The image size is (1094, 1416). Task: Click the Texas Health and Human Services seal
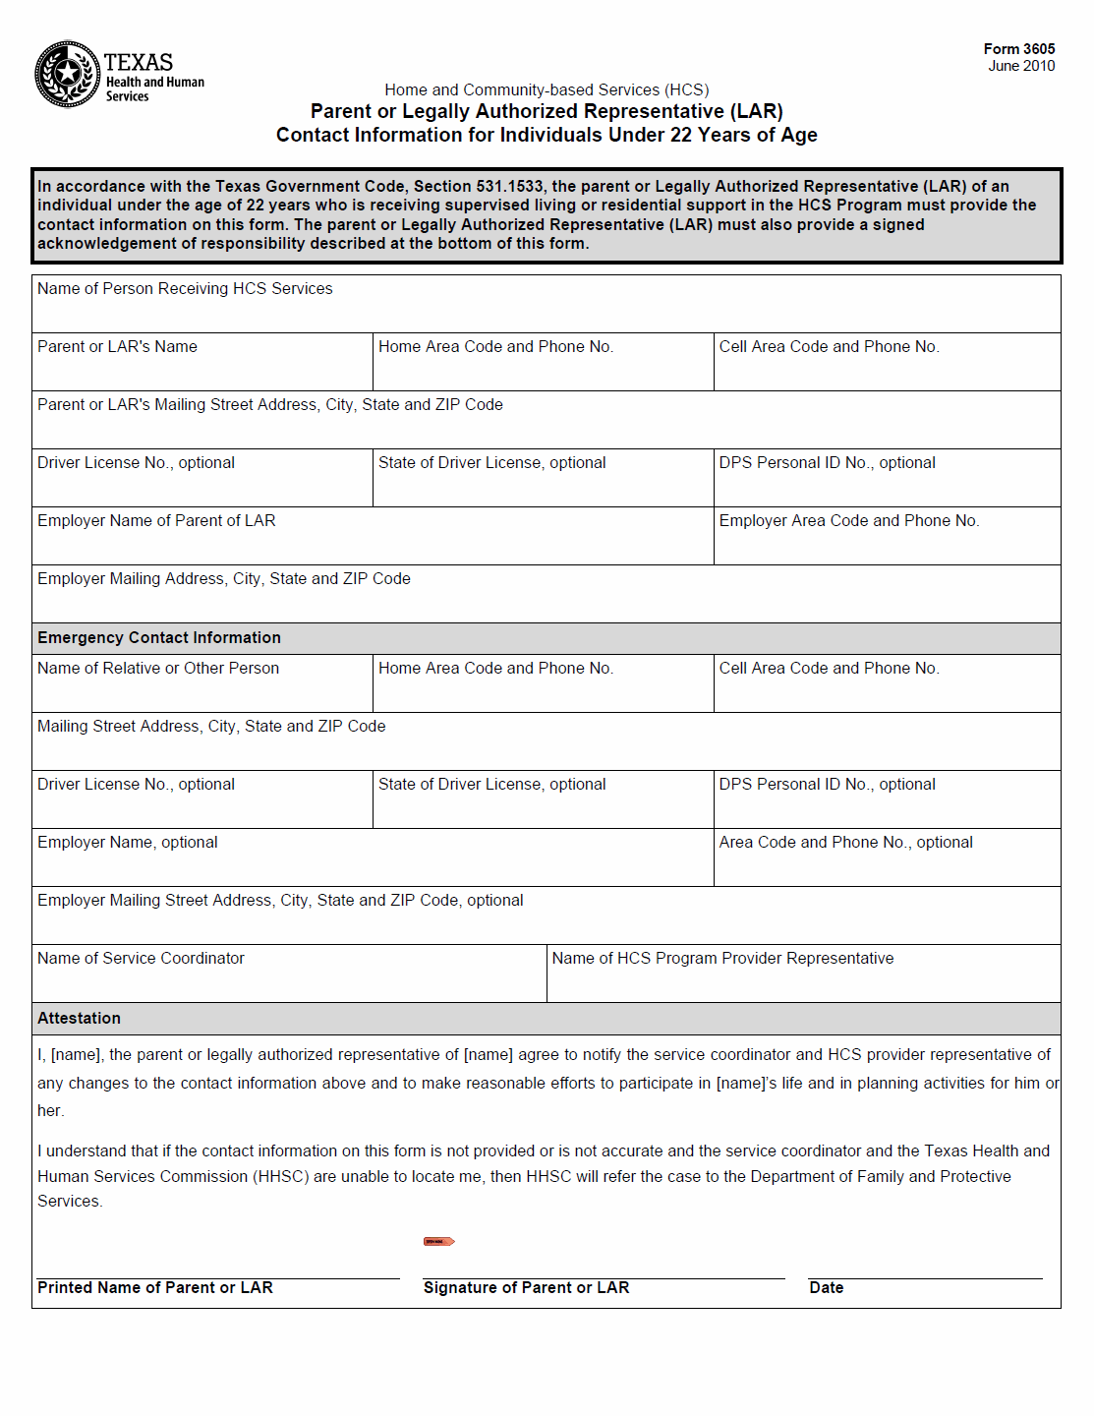point(67,74)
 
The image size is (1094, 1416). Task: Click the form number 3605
point(1019,49)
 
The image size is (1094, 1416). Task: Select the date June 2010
point(1021,66)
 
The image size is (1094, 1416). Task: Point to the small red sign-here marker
point(438,1241)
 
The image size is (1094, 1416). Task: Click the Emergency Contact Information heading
point(159,638)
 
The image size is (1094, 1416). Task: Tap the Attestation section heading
point(80,1019)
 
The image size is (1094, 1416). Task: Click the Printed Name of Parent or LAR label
point(155,1288)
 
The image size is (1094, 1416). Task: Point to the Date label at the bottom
point(826,1288)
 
